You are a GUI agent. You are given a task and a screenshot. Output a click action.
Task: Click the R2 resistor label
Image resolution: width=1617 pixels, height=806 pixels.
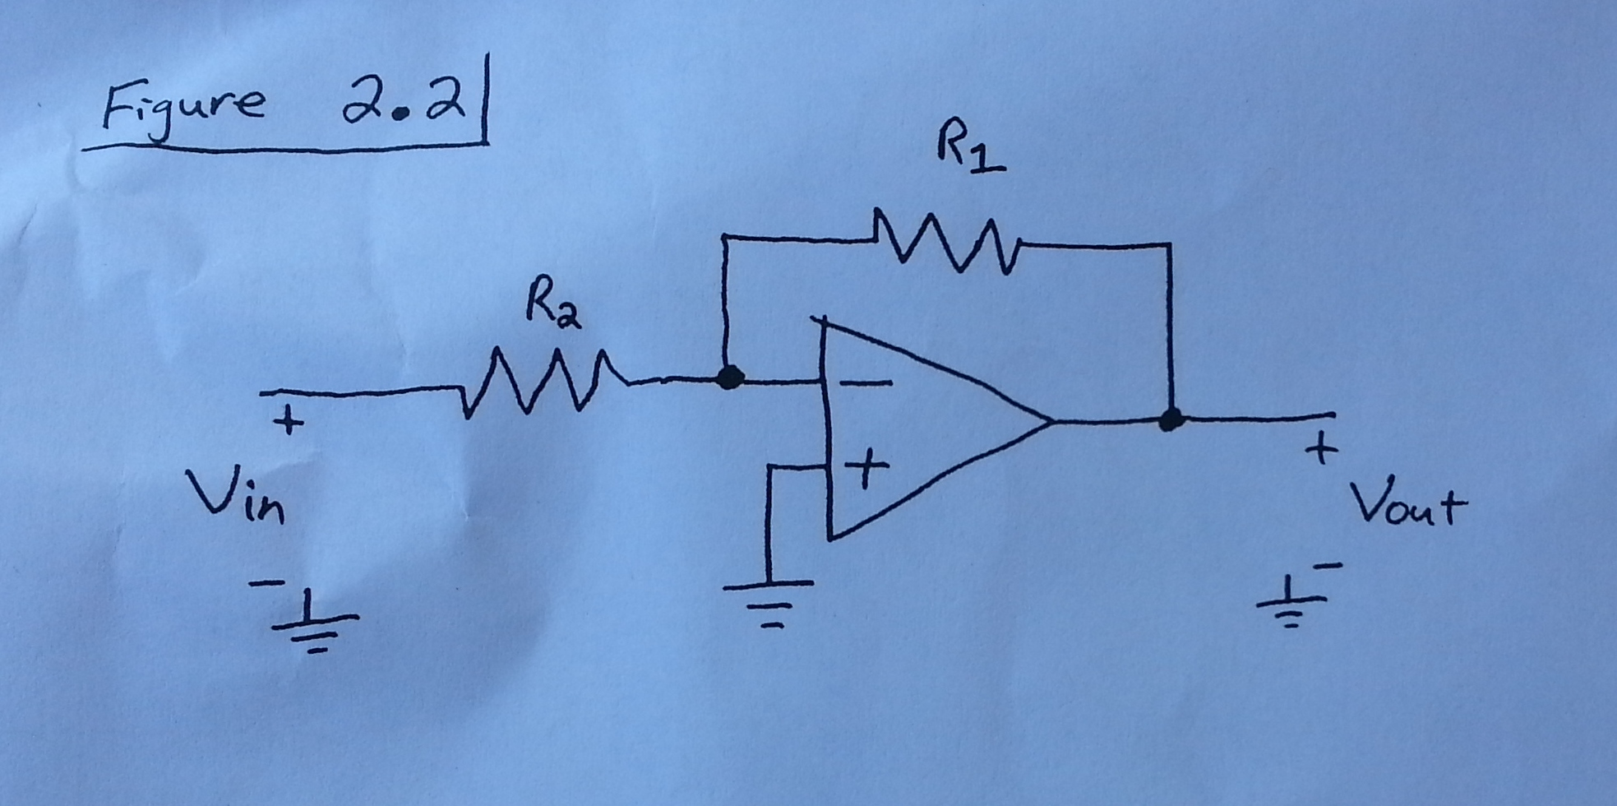[x=553, y=310]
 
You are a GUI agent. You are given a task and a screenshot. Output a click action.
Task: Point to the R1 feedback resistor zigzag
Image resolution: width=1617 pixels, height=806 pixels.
[x=945, y=243]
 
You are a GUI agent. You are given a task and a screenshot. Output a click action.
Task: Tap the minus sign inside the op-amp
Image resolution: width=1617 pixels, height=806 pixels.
[x=867, y=383]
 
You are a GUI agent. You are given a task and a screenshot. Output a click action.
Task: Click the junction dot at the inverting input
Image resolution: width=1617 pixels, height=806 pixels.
[x=729, y=378]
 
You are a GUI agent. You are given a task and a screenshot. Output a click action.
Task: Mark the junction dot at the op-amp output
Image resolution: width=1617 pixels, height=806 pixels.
[x=1170, y=420]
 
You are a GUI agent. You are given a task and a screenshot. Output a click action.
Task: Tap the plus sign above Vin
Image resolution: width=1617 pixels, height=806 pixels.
[x=288, y=423]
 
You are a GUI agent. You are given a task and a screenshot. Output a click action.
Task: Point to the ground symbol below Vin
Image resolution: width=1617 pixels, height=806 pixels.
[x=313, y=629]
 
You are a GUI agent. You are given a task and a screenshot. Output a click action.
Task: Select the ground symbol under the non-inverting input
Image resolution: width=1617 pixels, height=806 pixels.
[x=769, y=600]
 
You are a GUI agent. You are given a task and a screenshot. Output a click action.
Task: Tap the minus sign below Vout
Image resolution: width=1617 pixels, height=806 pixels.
[x=1328, y=566]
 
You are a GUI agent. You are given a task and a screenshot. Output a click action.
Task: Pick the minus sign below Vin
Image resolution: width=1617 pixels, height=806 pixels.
[x=266, y=584]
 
